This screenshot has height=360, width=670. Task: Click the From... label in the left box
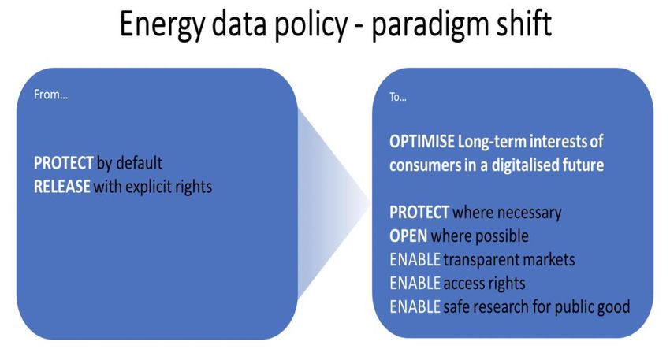pos(51,95)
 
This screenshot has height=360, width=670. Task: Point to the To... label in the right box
pos(398,97)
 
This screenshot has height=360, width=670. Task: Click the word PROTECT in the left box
pos(64,163)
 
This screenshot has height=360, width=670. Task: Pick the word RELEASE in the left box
pos(62,187)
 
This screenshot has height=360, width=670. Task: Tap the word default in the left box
pos(140,163)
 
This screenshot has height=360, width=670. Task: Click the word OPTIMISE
pos(422,141)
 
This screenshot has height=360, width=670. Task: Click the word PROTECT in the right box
pos(419,212)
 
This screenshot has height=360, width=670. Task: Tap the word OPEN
pos(408,236)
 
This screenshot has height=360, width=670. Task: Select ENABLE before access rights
pos(415,283)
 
